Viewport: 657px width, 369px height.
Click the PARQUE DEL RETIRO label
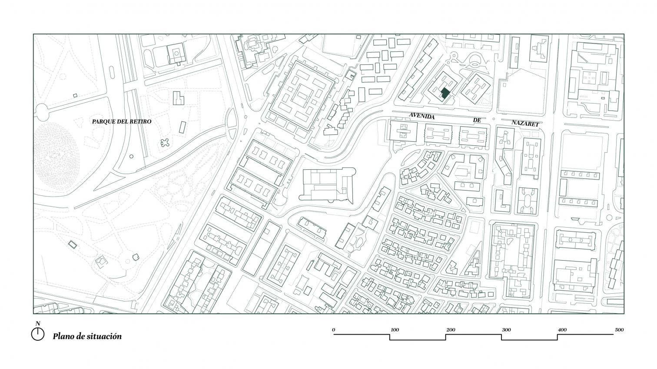pos(122,121)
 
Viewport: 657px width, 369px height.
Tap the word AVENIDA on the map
pos(422,116)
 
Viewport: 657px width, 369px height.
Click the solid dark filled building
pos(445,94)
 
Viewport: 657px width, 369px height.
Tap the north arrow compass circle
pos(37,334)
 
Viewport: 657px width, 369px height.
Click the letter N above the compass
pos(38,323)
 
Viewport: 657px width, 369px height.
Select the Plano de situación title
pos(87,336)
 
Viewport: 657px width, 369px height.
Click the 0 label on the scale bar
pos(333,330)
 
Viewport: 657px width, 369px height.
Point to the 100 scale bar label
pos(395,330)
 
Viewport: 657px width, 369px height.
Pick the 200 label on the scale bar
pos(451,330)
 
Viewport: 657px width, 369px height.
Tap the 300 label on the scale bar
pos(506,330)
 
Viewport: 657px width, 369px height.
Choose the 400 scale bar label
pos(562,330)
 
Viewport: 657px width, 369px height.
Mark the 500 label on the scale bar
pos(619,330)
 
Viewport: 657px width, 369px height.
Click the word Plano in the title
pos(62,336)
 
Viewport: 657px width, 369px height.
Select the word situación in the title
pos(104,336)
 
